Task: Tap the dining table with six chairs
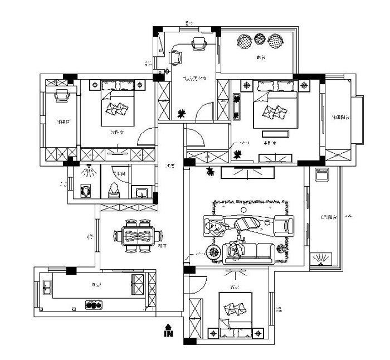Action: click(137, 236)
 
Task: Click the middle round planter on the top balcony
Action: click(260, 40)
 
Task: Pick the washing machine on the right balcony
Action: click(322, 174)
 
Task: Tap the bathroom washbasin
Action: click(141, 193)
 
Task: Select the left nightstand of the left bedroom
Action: click(94, 85)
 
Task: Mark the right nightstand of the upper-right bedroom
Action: click(304, 85)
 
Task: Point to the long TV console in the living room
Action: click(247, 173)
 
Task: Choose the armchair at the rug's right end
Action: click(287, 225)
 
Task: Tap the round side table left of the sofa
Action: click(213, 252)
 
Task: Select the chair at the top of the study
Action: click(199, 43)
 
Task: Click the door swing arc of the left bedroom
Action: click(146, 136)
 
